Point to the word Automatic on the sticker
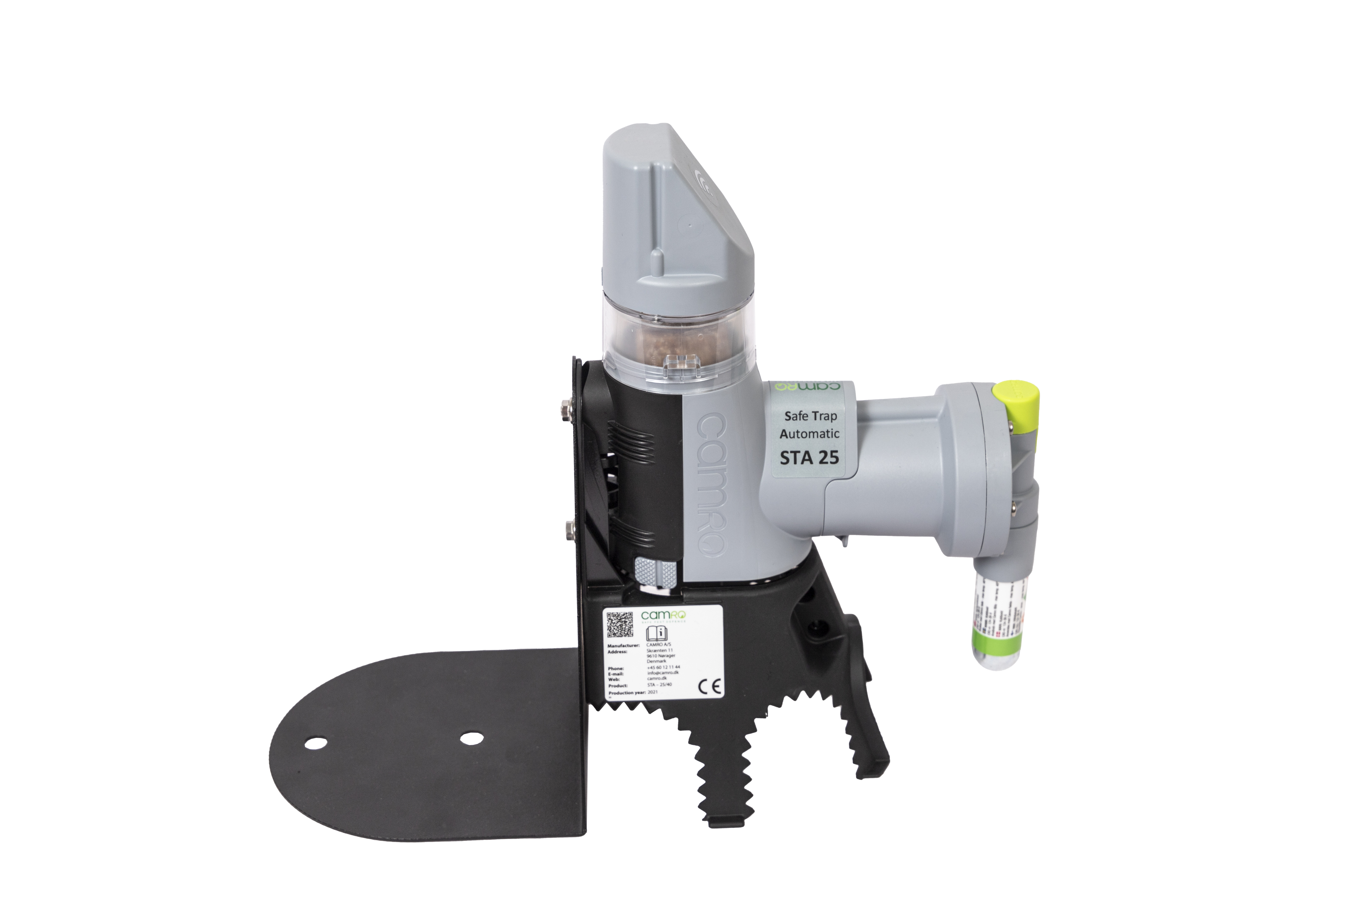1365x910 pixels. (x=809, y=434)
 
